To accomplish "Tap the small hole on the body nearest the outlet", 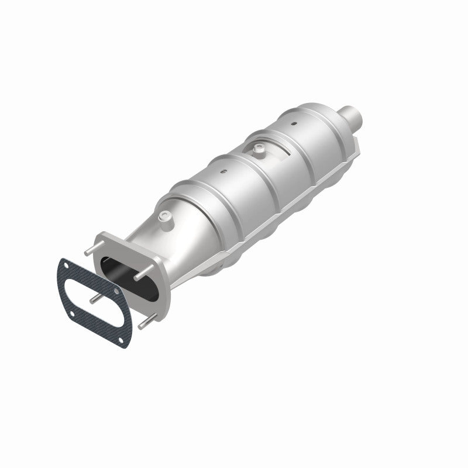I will pyautogui.click(x=295, y=124).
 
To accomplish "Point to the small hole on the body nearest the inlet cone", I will pyautogui.click(x=223, y=171).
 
